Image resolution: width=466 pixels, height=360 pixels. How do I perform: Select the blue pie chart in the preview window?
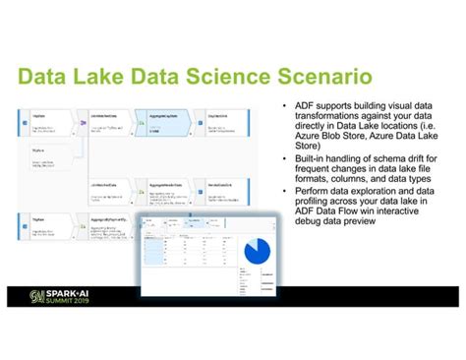258,251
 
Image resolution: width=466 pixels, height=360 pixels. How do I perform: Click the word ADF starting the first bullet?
301,104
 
